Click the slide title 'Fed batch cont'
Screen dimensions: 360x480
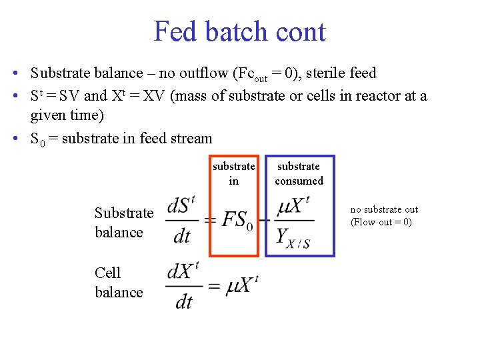pos(239,31)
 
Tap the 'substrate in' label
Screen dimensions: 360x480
pos(233,173)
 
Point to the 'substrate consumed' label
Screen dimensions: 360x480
pos(299,173)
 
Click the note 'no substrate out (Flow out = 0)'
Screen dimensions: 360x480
pos(384,215)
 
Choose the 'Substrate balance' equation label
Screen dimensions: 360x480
pos(123,222)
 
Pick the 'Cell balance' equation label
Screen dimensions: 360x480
pos(119,282)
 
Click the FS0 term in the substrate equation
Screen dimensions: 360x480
pos(237,219)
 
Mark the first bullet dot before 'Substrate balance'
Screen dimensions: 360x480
pos(15,73)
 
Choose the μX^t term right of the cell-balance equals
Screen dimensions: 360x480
pos(242,285)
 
